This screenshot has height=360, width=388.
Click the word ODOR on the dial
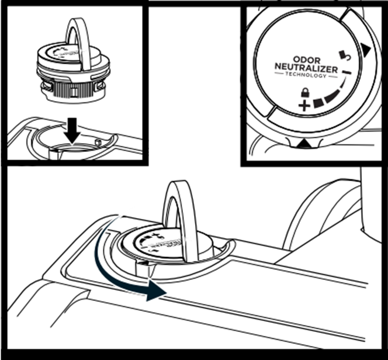(305, 60)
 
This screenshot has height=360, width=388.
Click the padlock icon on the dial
(304, 94)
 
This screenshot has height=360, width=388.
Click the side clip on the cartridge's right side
(101, 87)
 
